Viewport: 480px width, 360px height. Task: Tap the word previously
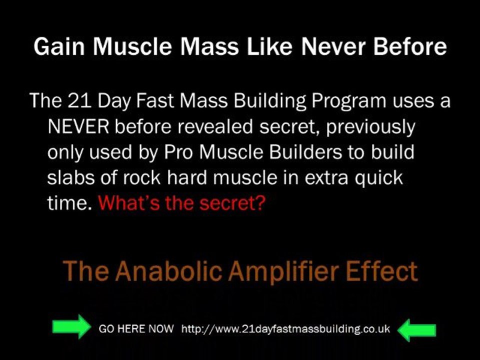[370, 127]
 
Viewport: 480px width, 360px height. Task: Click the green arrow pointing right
[69, 328]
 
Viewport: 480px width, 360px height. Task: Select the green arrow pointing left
[418, 329]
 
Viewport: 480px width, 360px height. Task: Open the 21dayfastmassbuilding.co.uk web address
[285, 329]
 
